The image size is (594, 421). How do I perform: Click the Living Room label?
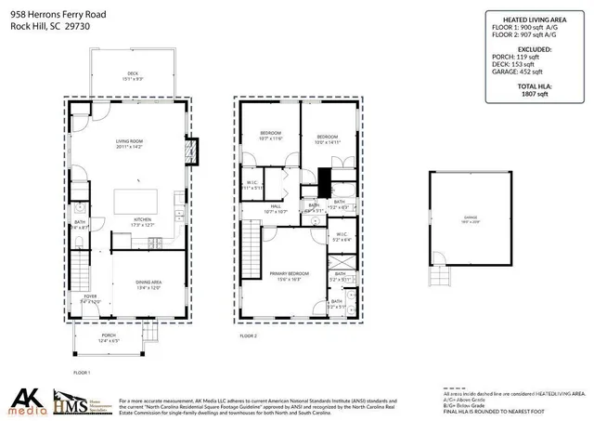click(x=130, y=142)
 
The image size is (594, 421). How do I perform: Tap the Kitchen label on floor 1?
click(x=130, y=222)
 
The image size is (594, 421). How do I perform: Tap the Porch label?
click(x=110, y=340)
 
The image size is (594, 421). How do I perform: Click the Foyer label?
click(x=89, y=298)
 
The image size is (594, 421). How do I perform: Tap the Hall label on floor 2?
click(x=276, y=209)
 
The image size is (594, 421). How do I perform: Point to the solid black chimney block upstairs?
click(x=324, y=178)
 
